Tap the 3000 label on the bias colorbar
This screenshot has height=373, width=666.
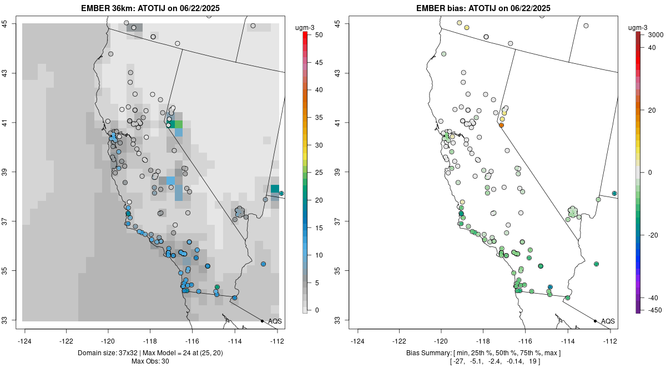pos(655,34)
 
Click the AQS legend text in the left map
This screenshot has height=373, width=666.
pos(275,321)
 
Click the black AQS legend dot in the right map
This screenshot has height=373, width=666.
pos(595,321)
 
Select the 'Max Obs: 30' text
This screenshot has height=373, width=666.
pos(150,361)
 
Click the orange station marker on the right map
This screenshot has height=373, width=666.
pos(501,125)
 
